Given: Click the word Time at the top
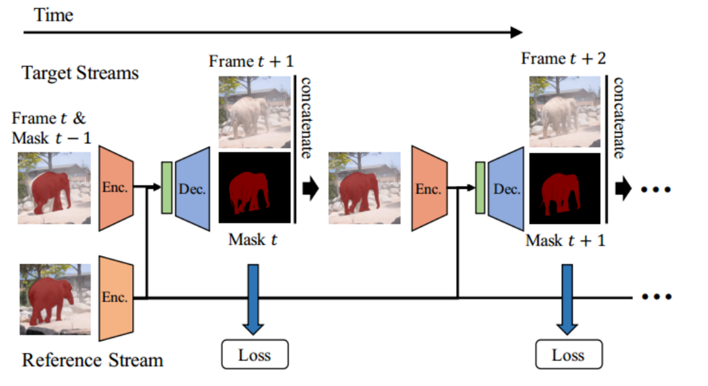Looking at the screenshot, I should pos(53,15).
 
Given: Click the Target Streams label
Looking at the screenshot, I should pos(80,73).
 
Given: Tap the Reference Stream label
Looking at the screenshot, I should pos(93,360).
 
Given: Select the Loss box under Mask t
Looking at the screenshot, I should pos(255,355).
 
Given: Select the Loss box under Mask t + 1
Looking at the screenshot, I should pos(568,355).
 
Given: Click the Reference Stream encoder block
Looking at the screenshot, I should pos(116,298).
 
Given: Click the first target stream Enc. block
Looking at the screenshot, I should pos(116,188).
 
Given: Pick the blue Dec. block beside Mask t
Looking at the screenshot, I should pos(192,189).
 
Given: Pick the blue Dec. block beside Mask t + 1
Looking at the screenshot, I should pos(506,189).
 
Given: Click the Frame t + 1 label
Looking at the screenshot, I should pos(251,61).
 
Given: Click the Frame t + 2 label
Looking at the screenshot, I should pos(564,58).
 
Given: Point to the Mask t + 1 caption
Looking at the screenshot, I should pos(565,240).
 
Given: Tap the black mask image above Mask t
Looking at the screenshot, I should pos(255,188).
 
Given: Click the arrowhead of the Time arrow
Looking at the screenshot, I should pos(517,33).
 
